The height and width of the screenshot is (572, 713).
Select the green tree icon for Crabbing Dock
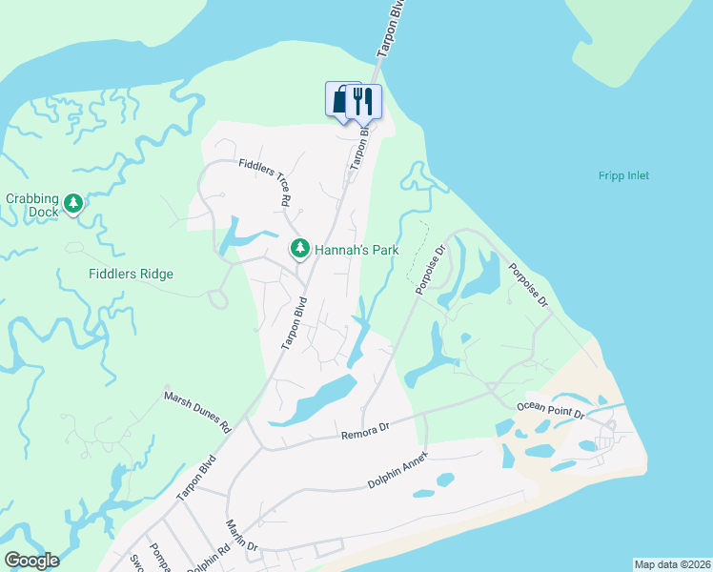coord(73,203)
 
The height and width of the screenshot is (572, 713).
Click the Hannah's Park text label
coord(356,250)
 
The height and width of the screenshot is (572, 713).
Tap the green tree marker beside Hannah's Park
coord(300,249)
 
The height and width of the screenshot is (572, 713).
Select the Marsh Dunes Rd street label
coord(198,412)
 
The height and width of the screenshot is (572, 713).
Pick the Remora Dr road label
coord(366,434)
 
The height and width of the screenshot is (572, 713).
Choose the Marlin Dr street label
coord(242,537)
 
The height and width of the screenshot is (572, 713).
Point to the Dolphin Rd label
coord(209,558)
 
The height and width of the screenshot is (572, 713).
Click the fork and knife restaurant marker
coord(362,100)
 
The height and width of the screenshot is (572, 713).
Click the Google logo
coord(31,561)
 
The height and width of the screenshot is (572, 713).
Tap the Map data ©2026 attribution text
coord(671,564)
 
